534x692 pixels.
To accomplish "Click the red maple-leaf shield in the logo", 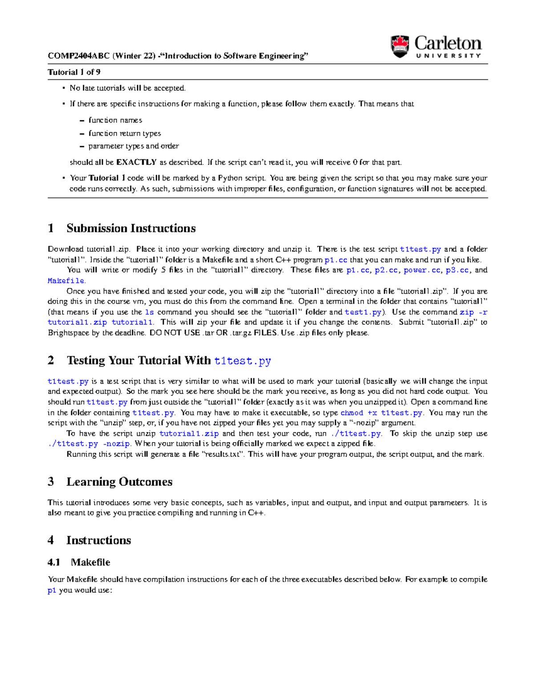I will [400, 46].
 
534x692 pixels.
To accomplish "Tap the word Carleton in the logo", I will [448, 43].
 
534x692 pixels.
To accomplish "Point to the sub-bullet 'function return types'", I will [124, 133].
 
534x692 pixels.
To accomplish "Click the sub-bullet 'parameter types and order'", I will [133, 146].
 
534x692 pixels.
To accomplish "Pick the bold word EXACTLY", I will [136, 162].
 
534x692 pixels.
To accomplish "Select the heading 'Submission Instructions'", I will [131, 228].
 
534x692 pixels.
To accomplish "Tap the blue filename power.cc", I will [421, 270].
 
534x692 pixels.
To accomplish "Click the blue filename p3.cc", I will [457, 270].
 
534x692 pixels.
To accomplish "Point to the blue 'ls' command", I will [150, 312].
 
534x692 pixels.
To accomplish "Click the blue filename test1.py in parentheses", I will [363, 312].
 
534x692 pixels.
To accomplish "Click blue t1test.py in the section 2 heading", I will [243, 361].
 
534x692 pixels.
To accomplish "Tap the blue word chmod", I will [352, 413].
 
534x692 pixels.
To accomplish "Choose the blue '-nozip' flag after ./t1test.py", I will [116, 444].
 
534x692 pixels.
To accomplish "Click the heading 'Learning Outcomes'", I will [119, 482].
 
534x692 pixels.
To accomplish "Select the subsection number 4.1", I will [54, 562].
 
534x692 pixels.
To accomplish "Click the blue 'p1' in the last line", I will [52, 590].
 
